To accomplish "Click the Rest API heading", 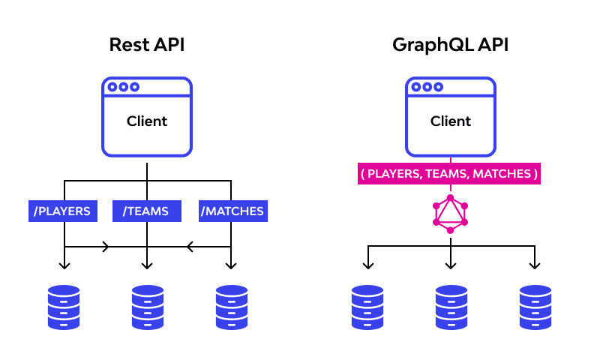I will click(147, 45).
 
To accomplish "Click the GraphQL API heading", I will click(450, 45).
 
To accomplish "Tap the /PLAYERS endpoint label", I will click(64, 211).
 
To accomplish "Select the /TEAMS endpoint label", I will click(146, 211).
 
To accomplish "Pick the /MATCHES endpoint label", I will click(232, 211).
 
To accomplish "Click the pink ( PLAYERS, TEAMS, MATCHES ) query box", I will click(450, 174).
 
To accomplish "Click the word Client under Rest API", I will click(147, 121).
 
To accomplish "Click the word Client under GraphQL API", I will click(451, 121).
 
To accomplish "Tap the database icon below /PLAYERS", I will click(64, 307).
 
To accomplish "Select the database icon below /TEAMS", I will click(147, 307).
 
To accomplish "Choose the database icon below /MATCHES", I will click(231, 307).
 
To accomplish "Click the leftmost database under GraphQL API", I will click(367, 307).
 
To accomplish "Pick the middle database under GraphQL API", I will click(451, 307).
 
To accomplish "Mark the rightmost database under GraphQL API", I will click(535, 307).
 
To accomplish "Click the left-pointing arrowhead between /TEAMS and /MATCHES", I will click(190, 246).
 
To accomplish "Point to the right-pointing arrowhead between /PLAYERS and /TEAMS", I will click(106, 246).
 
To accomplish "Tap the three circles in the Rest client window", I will click(123, 87).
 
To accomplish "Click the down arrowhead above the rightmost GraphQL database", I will click(535, 265).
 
